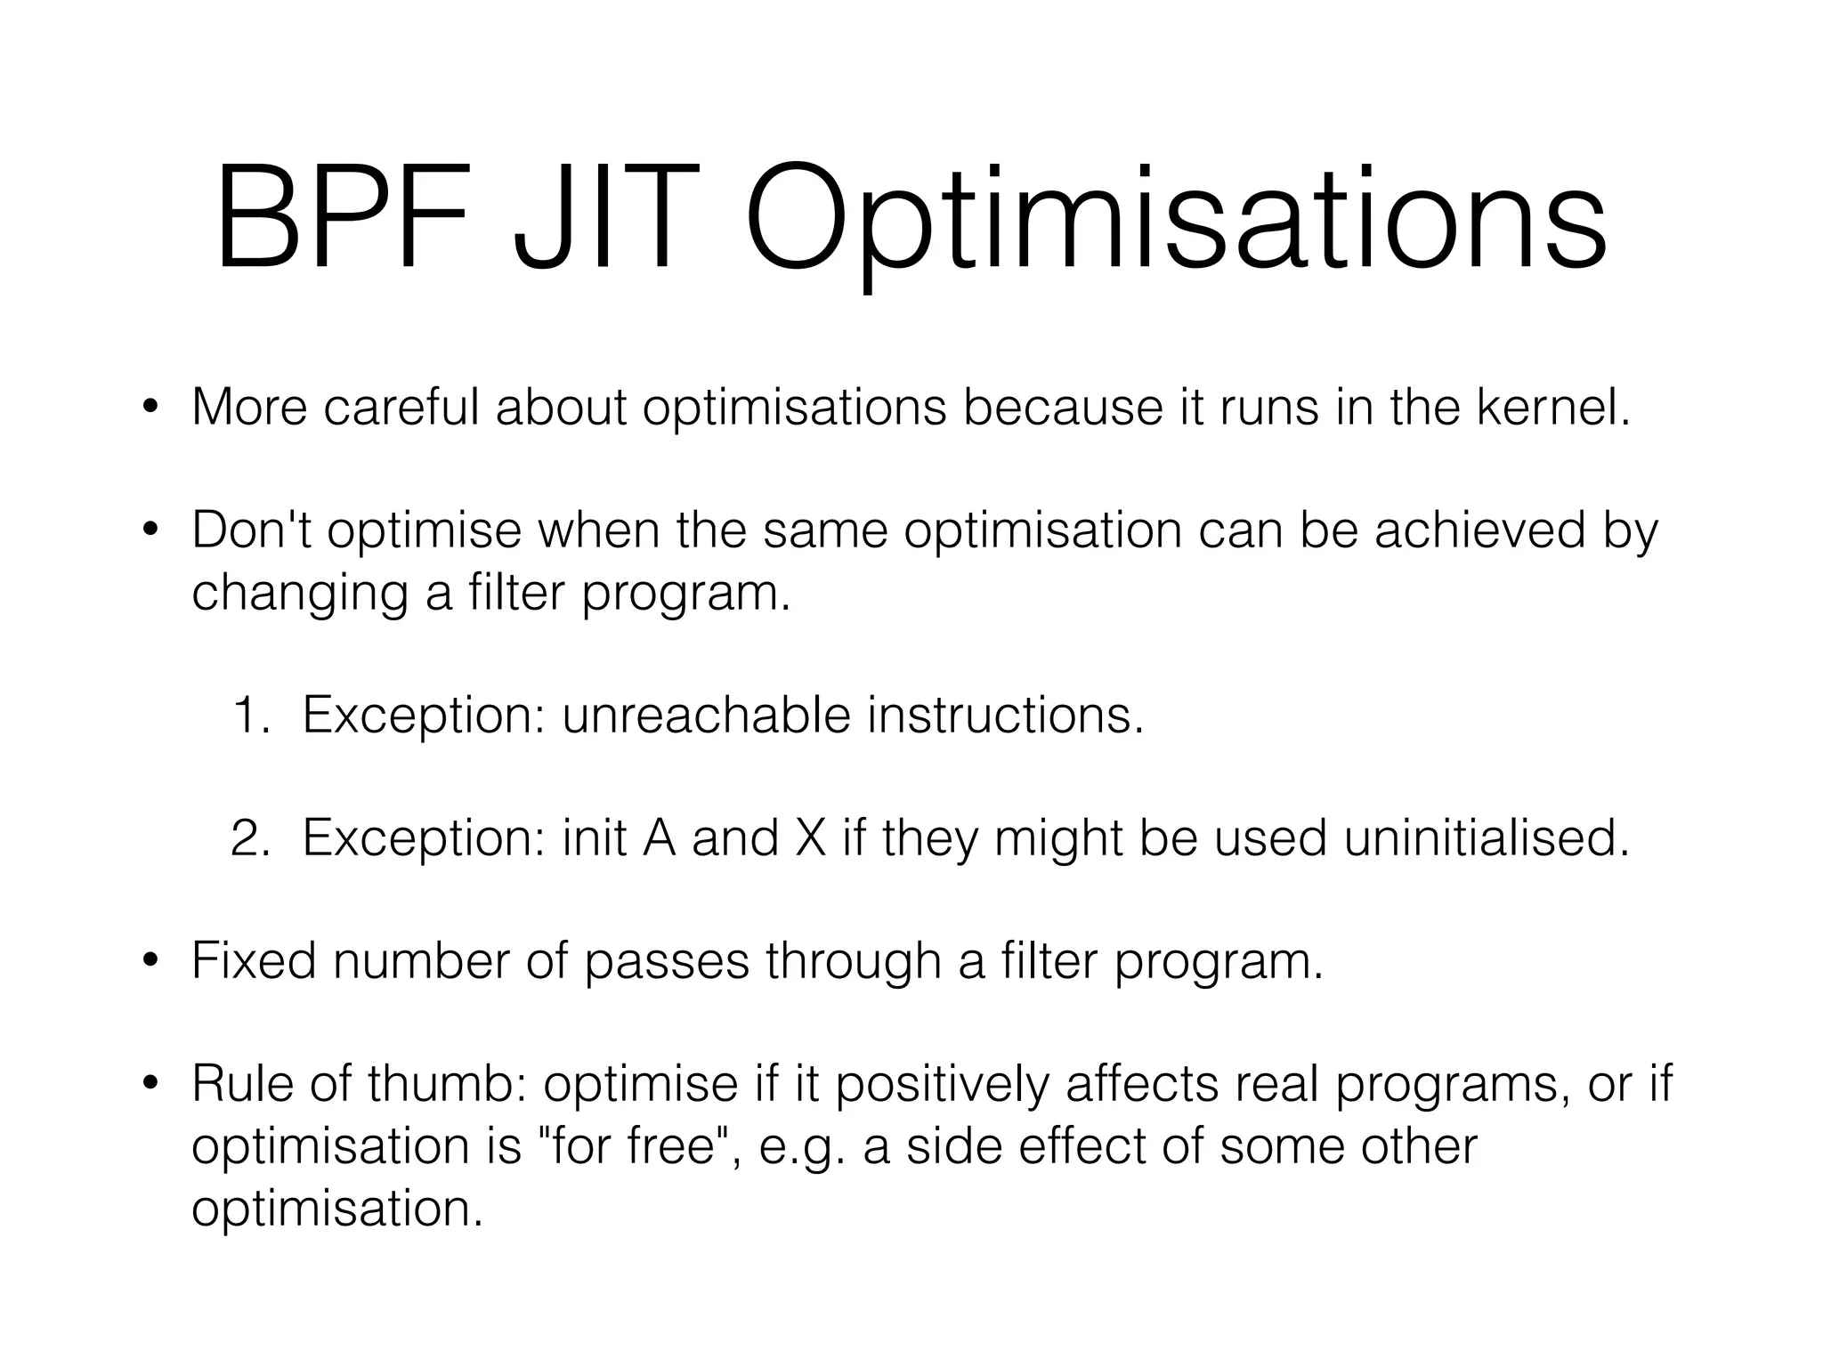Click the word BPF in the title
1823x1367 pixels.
pos(342,218)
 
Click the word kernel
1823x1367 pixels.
pos(1552,407)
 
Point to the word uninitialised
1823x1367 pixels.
pos(1486,837)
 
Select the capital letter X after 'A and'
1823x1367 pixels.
pos(810,837)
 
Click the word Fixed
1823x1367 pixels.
pos(254,961)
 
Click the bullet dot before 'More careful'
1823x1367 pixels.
pos(150,408)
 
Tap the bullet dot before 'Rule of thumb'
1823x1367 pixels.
pos(150,1085)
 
